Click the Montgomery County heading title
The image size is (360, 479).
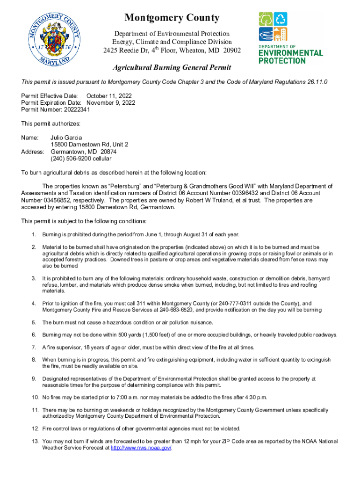pyautogui.click(x=172, y=18)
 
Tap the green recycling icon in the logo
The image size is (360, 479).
pyautogui.click(x=281, y=19)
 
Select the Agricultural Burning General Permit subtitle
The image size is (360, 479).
pyautogui.click(x=172, y=68)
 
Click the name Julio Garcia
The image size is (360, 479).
pyautogui.click(x=66, y=138)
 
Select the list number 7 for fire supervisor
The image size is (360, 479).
pyautogui.click(x=34, y=348)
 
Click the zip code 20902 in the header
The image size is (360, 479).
pyautogui.click(x=230, y=50)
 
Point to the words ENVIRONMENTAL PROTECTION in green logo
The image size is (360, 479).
pyautogui.click(x=290, y=57)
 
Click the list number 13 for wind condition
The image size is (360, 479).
pyautogui.click(x=35, y=441)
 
